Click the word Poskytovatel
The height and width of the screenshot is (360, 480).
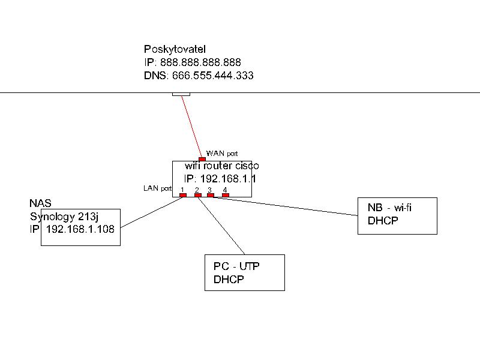tap(175, 49)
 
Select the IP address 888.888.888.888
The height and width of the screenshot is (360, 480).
tap(201, 62)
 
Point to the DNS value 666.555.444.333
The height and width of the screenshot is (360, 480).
tap(212, 76)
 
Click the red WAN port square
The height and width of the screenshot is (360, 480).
tap(202, 159)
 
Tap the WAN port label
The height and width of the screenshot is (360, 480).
tap(222, 154)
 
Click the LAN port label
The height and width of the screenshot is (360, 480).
tap(157, 188)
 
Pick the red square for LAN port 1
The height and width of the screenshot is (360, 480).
tap(183, 195)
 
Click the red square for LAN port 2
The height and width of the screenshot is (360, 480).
tap(197, 195)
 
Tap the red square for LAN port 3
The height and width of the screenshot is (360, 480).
tap(211, 195)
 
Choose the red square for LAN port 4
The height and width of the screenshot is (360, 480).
tap(226, 195)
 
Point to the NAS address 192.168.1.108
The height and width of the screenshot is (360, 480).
tap(80, 229)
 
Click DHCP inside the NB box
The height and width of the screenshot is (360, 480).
tap(383, 221)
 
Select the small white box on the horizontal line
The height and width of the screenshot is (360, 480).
tap(181, 94)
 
